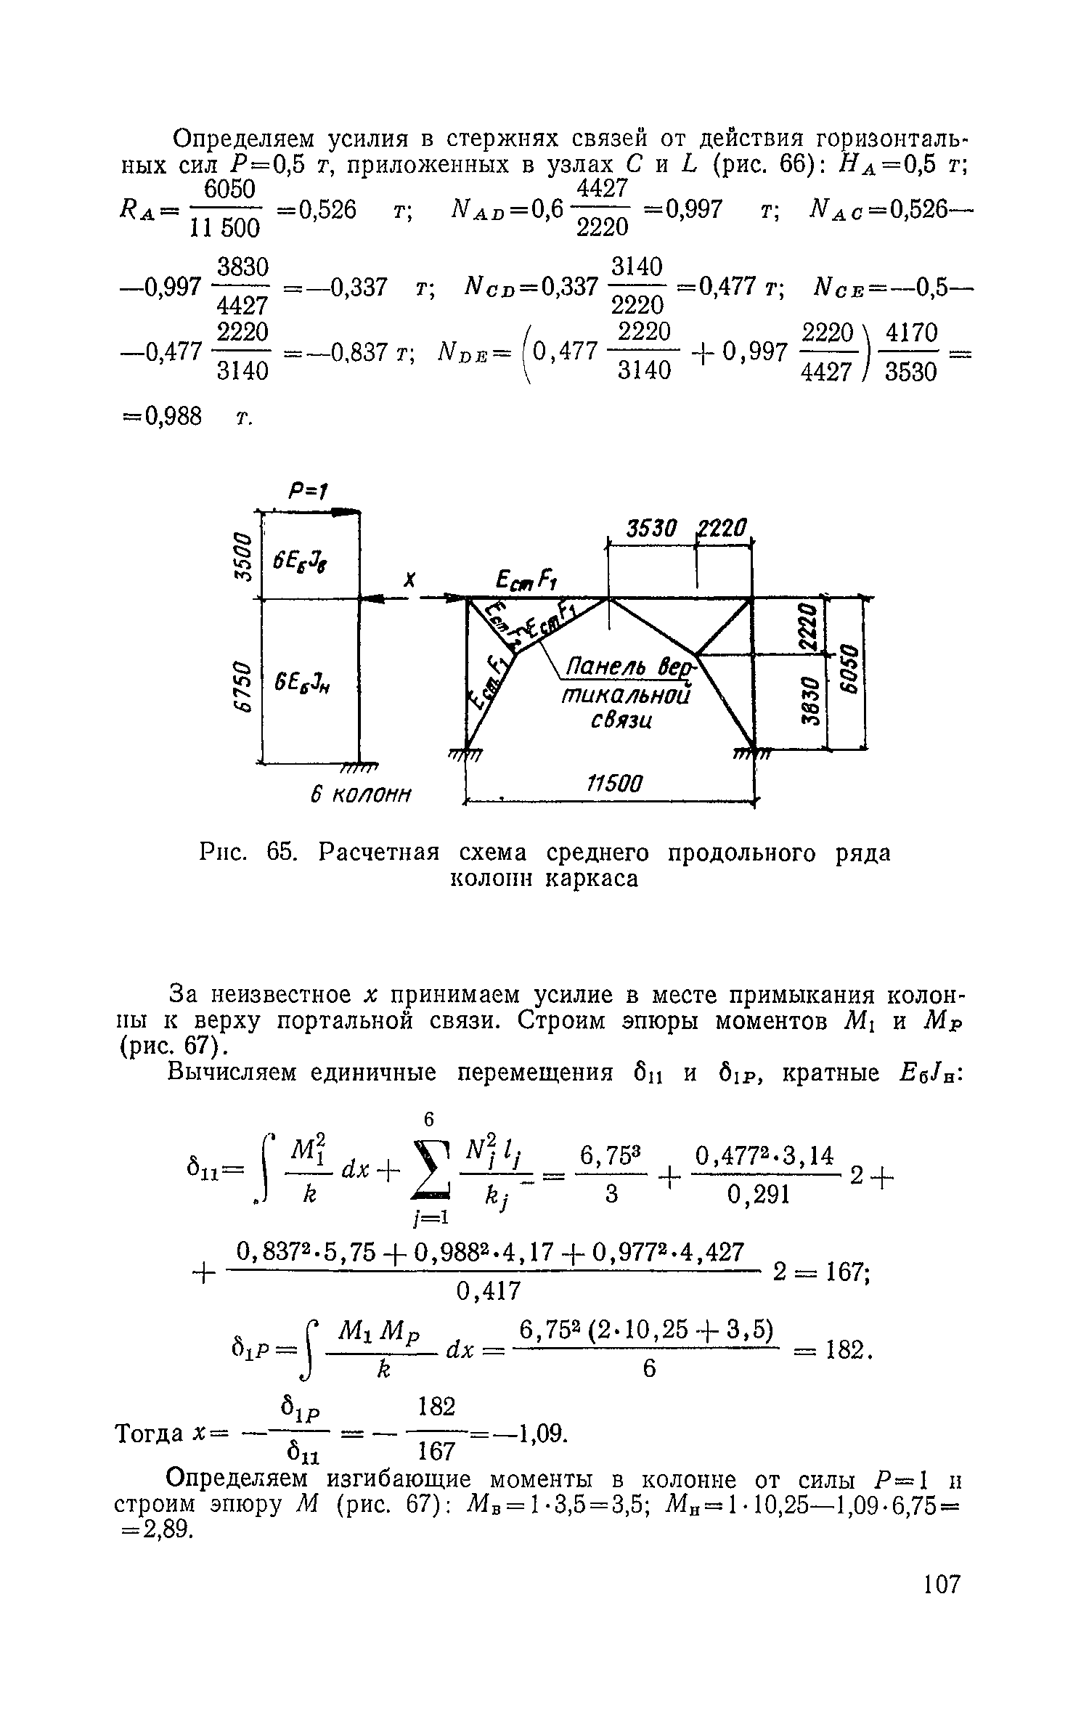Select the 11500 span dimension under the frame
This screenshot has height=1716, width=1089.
pyautogui.click(x=614, y=784)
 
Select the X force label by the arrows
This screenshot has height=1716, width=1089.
pyautogui.click(x=410, y=580)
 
